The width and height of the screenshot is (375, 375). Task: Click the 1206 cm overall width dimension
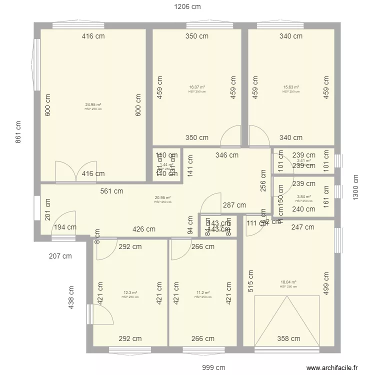point(187,7)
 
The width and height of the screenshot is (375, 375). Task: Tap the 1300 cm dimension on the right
point(356,187)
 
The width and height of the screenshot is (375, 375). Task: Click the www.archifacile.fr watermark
point(332,367)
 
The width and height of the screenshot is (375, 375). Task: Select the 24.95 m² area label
point(93,105)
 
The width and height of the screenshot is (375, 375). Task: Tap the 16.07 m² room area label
point(197,87)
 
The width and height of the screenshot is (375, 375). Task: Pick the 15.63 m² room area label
point(291,87)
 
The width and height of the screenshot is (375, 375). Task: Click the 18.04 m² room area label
point(288,282)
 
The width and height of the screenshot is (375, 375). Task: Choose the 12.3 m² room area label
point(130,293)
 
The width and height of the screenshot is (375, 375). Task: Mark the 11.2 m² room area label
point(202,293)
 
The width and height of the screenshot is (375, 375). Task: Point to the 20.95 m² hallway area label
point(162,198)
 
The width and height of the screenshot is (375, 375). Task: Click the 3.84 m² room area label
point(303,197)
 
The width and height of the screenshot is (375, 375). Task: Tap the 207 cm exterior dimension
point(60,256)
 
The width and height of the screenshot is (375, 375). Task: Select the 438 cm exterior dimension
point(71,296)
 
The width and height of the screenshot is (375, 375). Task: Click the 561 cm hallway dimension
point(111,190)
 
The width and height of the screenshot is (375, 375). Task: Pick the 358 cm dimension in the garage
point(288,338)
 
